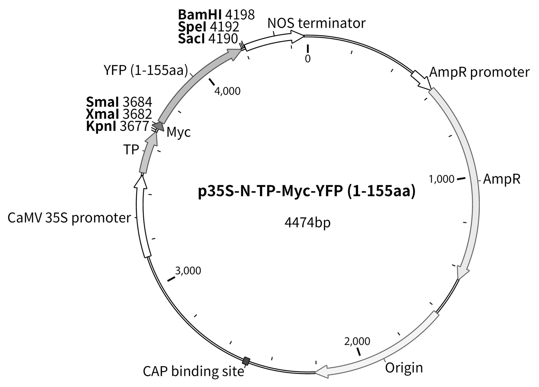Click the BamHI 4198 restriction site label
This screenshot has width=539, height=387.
pyautogui.click(x=216, y=15)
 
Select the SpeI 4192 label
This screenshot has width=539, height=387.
pyautogui.click(x=208, y=27)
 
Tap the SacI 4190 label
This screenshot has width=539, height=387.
pyautogui.click(x=208, y=39)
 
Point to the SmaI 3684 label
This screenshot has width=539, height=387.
pyautogui.click(x=119, y=102)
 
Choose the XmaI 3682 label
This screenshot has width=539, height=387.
pyautogui.click(x=119, y=114)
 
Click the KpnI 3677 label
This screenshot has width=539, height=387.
pyautogui.click(x=118, y=126)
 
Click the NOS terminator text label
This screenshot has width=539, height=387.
pyautogui.click(x=316, y=23)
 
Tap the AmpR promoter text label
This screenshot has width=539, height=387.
pyautogui.click(x=479, y=72)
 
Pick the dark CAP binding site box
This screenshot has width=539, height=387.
pyautogui.click(x=246, y=361)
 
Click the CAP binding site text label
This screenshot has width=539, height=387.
pyautogui.click(x=193, y=372)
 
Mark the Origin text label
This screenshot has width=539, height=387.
pyautogui.click(x=404, y=368)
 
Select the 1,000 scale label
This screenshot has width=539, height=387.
pyautogui.click(x=441, y=179)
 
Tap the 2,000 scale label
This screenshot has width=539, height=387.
pyautogui.click(x=357, y=341)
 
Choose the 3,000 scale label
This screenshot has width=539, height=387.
pyautogui.click(x=188, y=271)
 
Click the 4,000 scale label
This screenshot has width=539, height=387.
pyautogui.click(x=227, y=91)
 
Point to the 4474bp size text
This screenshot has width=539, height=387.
pyautogui.click(x=307, y=223)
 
